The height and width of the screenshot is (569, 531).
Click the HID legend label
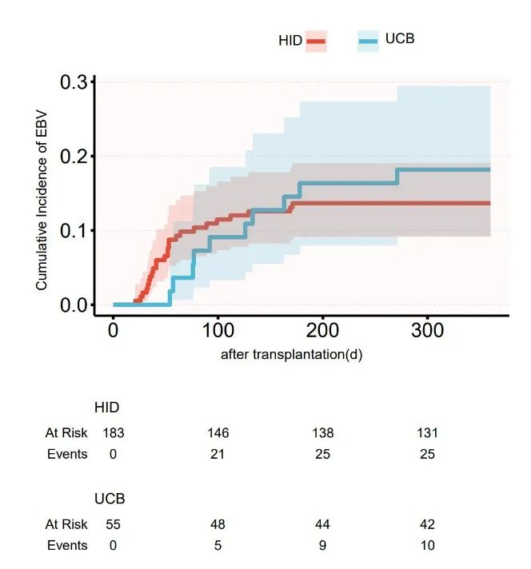[289, 41]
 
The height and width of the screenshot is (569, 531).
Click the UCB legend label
[400, 38]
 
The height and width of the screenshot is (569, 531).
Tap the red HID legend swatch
[317, 41]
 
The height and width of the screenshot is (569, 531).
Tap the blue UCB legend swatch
[368, 41]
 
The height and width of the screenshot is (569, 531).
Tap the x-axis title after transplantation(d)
[291, 355]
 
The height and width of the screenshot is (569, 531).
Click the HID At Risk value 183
[114, 433]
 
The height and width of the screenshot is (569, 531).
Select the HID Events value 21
[218, 454]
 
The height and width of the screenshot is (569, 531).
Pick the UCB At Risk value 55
[114, 524]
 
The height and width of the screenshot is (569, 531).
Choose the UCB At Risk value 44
[322, 524]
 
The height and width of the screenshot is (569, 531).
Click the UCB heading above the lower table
[110, 499]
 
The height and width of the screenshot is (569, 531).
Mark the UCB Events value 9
[322, 545]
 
